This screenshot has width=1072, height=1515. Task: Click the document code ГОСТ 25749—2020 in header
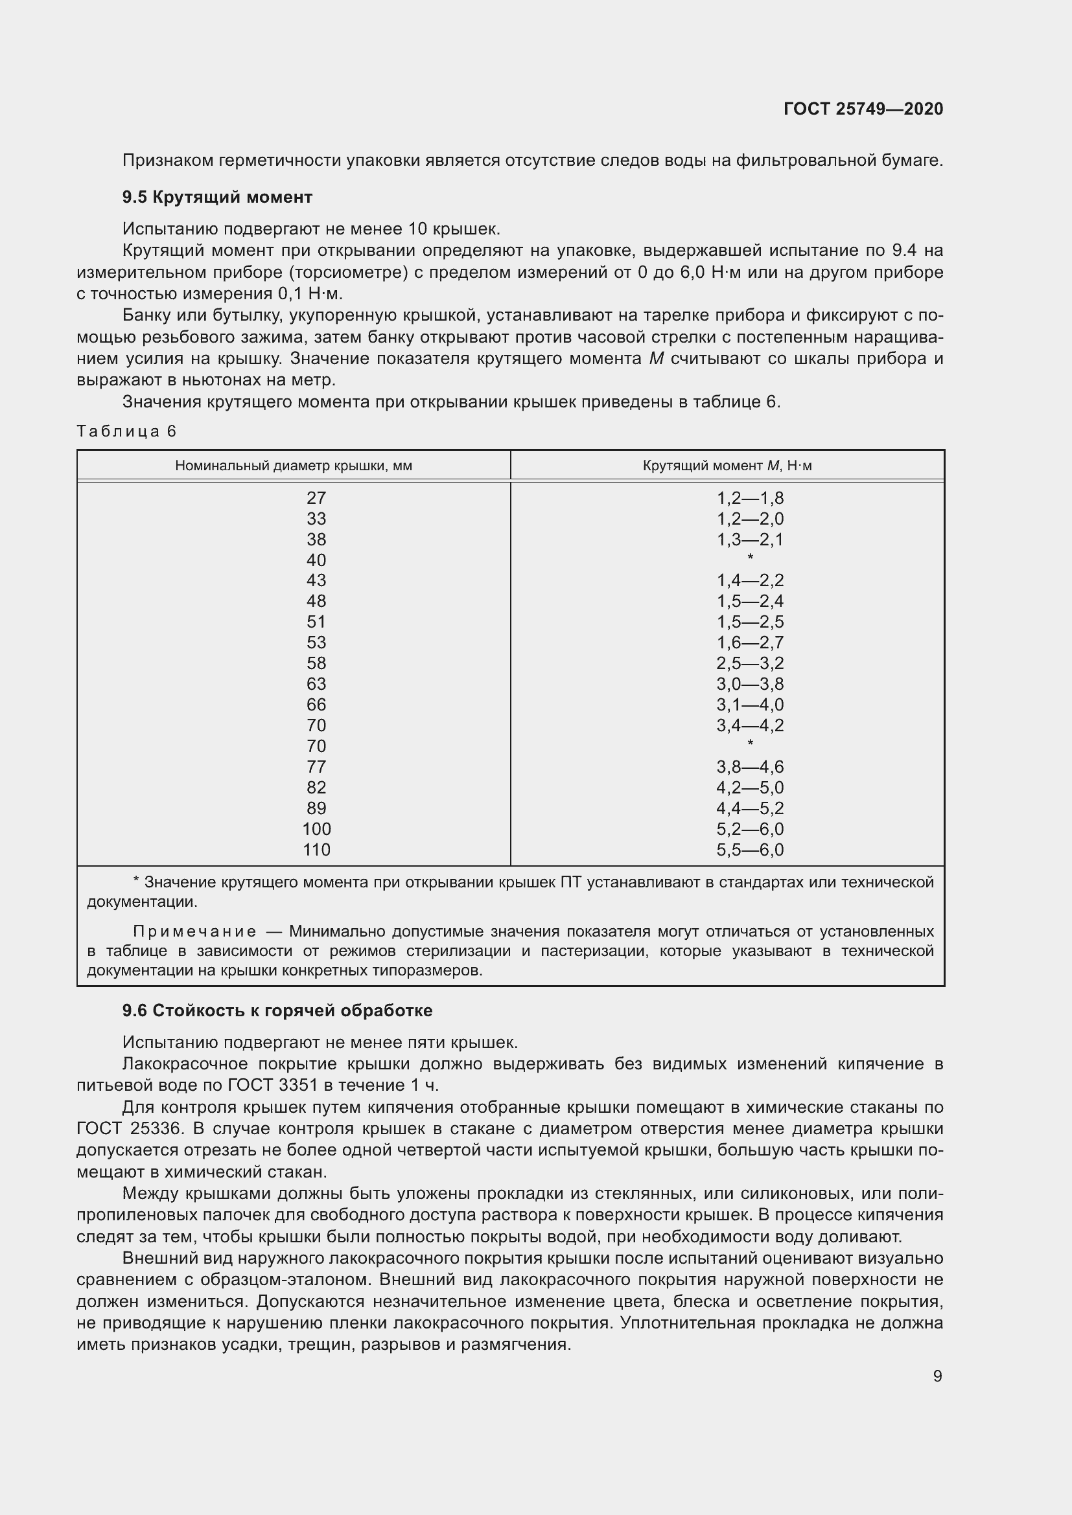point(863,109)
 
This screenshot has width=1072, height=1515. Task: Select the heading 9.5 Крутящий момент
point(217,197)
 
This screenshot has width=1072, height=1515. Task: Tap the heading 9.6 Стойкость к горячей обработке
point(277,1010)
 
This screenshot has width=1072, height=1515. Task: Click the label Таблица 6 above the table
point(127,431)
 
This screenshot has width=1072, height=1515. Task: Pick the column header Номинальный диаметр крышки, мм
point(294,465)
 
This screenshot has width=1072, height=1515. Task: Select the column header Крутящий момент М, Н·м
point(727,465)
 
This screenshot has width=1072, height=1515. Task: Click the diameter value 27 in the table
point(316,497)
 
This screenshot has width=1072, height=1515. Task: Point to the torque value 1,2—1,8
point(750,497)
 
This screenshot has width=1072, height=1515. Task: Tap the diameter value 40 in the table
point(316,560)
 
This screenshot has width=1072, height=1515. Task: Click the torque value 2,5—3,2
point(750,663)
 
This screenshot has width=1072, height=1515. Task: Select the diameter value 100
point(316,828)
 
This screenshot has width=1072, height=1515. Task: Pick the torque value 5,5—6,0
point(750,849)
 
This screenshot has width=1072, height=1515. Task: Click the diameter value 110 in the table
point(316,849)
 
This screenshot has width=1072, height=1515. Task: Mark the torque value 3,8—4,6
point(750,766)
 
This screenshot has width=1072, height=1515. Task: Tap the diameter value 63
point(316,683)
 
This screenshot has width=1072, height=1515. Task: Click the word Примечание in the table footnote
point(194,931)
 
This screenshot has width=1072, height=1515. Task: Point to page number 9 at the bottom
point(937,1376)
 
